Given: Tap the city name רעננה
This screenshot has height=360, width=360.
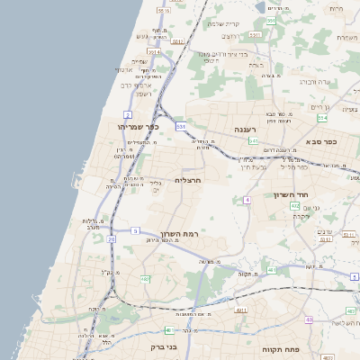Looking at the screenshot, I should point(247,130).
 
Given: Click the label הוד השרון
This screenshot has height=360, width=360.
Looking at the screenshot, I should point(291,194).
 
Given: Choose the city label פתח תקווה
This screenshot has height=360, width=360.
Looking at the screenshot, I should point(279,348).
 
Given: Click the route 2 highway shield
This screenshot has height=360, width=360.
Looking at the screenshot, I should point(128,115).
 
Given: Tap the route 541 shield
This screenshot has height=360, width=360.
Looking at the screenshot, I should point(254,141).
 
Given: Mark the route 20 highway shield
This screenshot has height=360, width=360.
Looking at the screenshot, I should point(111,239).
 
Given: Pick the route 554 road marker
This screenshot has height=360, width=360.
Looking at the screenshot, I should point(322,117).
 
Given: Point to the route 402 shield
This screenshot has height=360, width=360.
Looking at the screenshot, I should point(294,206).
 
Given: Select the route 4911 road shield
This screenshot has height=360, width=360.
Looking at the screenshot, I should point(240,310).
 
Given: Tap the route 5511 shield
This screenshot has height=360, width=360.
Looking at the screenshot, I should point(178,41).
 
